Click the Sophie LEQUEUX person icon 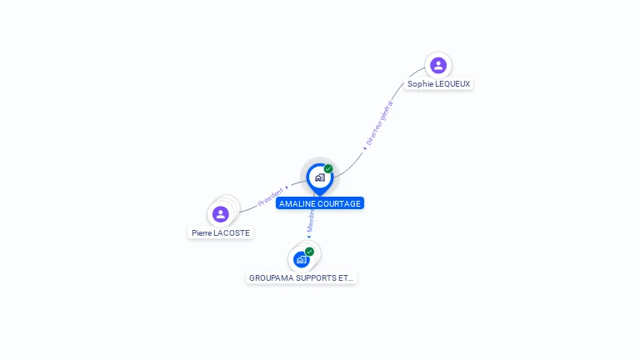click(438, 65)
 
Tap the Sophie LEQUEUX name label click(439, 84)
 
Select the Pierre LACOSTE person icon click(220, 214)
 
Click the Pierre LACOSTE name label click(220, 233)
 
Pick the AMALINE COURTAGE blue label click(320, 203)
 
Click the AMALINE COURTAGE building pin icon click(319, 177)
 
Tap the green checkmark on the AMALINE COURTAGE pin click(328, 169)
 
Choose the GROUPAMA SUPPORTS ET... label click(302, 277)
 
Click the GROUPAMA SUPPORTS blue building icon click(301, 259)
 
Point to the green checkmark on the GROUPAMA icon click(309, 252)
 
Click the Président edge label click(271, 197)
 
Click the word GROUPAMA click(270, 277)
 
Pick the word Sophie click(418, 84)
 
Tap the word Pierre click(201, 233)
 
